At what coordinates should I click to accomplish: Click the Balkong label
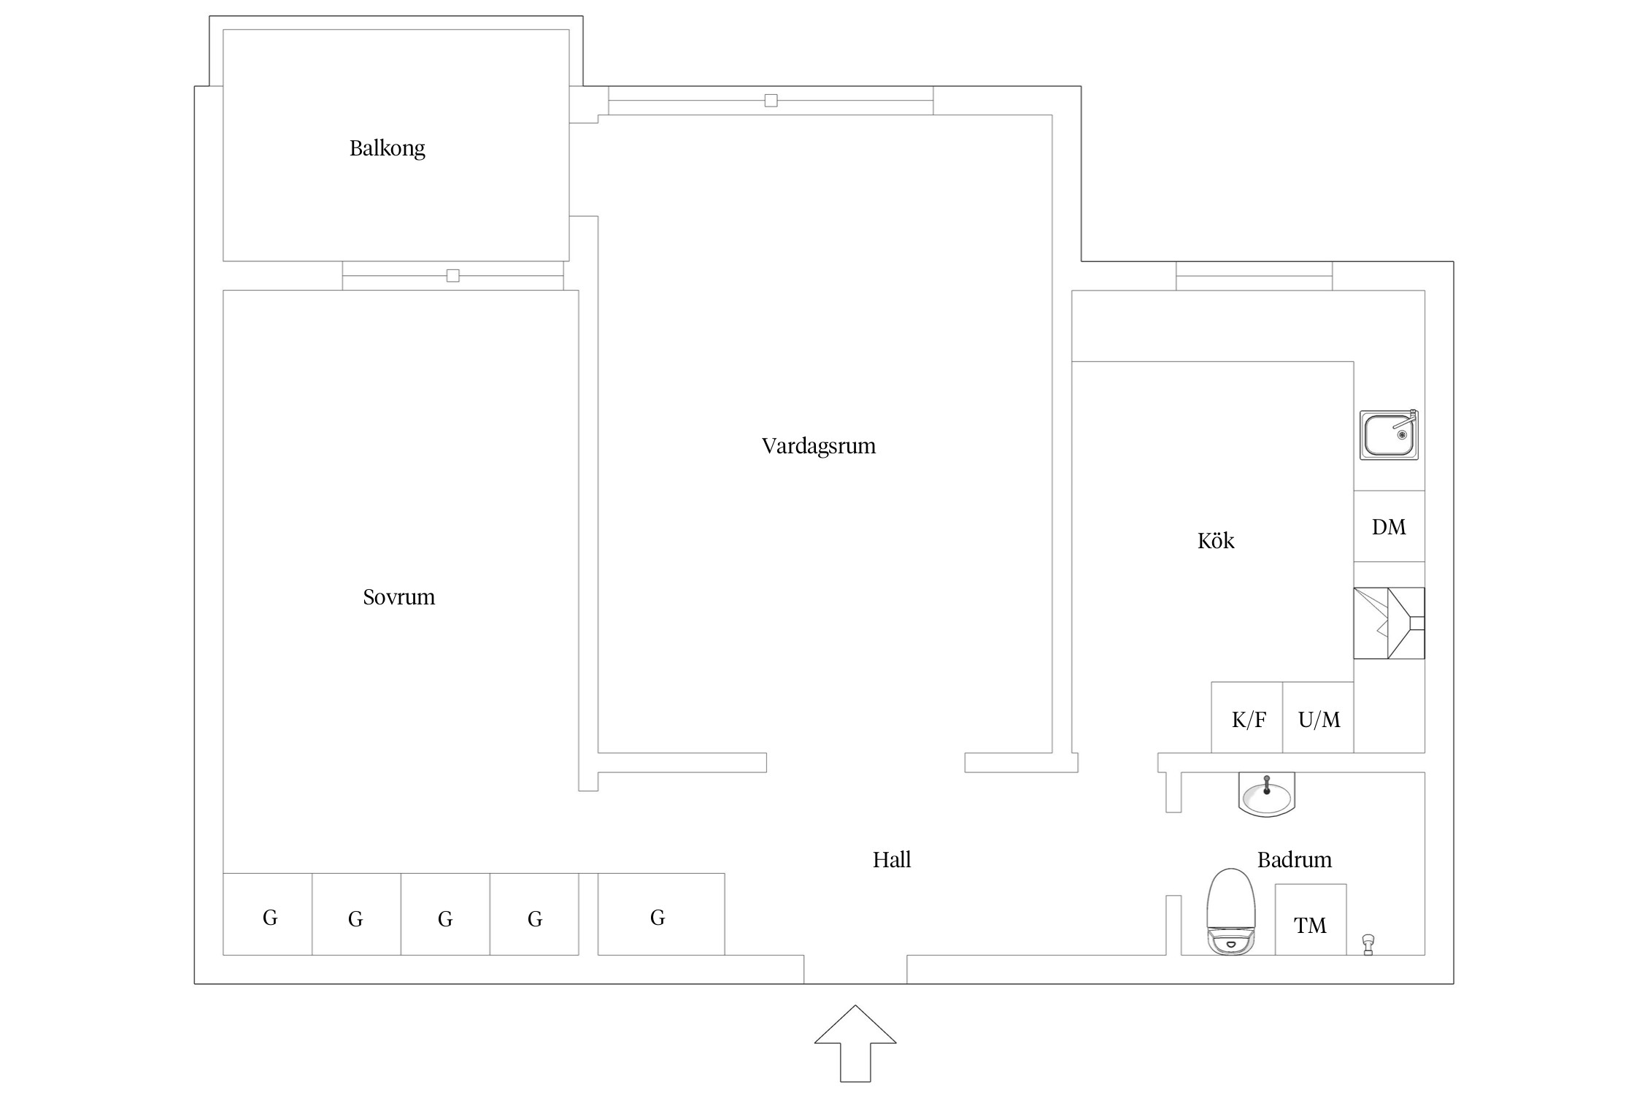click(x=387, y=148)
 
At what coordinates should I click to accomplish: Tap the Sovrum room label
click(x=398, y=597)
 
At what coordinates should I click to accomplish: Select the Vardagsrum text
click(x=819, y=446)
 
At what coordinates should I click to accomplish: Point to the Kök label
click(x=1216, y=540)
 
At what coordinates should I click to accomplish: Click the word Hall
click(x=892, y=859)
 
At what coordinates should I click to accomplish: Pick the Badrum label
click(x=1294, y=859)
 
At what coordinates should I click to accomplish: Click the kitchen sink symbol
click(x=1389, y=435)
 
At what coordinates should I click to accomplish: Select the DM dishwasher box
click(x=1389, y=526)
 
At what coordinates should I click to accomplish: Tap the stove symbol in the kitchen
click(x=1389, y=623)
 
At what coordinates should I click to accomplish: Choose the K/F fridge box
click(x=1247, y=718)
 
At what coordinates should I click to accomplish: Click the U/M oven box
click(x=1318, y=718)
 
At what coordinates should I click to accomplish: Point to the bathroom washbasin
click(x=1266, y=794)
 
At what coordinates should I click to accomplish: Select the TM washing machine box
click(x=1311, y=920)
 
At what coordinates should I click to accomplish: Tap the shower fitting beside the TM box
click(x=1368, y=944)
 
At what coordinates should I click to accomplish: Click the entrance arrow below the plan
click(x=855, y=1044)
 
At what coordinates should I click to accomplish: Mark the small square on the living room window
click(x=771, y=101)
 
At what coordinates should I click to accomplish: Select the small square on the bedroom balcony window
click(x=453, y=276)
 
